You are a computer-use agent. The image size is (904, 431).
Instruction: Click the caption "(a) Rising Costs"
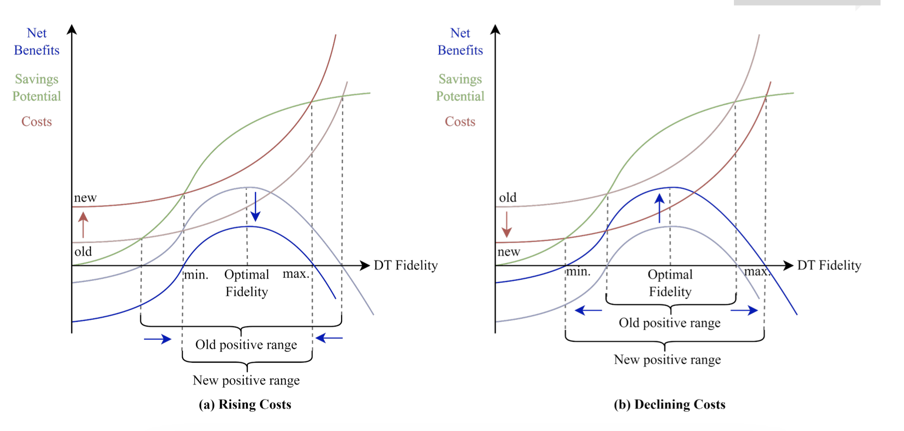(245, 404)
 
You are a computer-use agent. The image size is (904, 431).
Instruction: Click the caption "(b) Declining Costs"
(669, 404)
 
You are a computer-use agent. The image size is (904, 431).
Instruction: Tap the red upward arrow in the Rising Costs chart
(83, 224)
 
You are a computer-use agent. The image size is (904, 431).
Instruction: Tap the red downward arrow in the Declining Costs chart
(506, 224)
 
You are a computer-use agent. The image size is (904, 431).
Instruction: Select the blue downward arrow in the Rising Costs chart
(255, 207)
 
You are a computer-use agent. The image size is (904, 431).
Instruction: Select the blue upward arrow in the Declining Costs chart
(659, 208)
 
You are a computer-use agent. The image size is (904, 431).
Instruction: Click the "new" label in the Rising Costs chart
(85, 198)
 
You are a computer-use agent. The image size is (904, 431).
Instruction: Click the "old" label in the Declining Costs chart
(508, 198)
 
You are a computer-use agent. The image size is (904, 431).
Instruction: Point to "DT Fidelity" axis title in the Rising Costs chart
(406, 266)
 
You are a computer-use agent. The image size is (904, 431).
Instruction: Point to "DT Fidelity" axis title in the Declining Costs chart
(829, 266)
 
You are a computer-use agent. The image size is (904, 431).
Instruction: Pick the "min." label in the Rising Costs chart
(196, 275)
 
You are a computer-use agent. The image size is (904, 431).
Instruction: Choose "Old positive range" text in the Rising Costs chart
(246, 345)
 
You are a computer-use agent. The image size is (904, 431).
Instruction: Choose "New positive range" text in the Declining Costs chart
(667, 360)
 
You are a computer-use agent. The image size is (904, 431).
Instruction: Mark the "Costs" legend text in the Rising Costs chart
(37, 122)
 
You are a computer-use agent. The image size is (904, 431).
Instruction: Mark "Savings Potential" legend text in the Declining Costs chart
(460, 88)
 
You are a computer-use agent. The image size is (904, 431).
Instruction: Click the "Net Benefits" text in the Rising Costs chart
(37, 42)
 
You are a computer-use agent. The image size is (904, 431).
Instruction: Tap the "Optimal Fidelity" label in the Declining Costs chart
(670, 283)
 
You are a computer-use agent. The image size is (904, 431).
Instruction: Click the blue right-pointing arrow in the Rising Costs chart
(157, 339)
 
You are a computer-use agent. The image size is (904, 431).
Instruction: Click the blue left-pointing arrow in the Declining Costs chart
(588, 311)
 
